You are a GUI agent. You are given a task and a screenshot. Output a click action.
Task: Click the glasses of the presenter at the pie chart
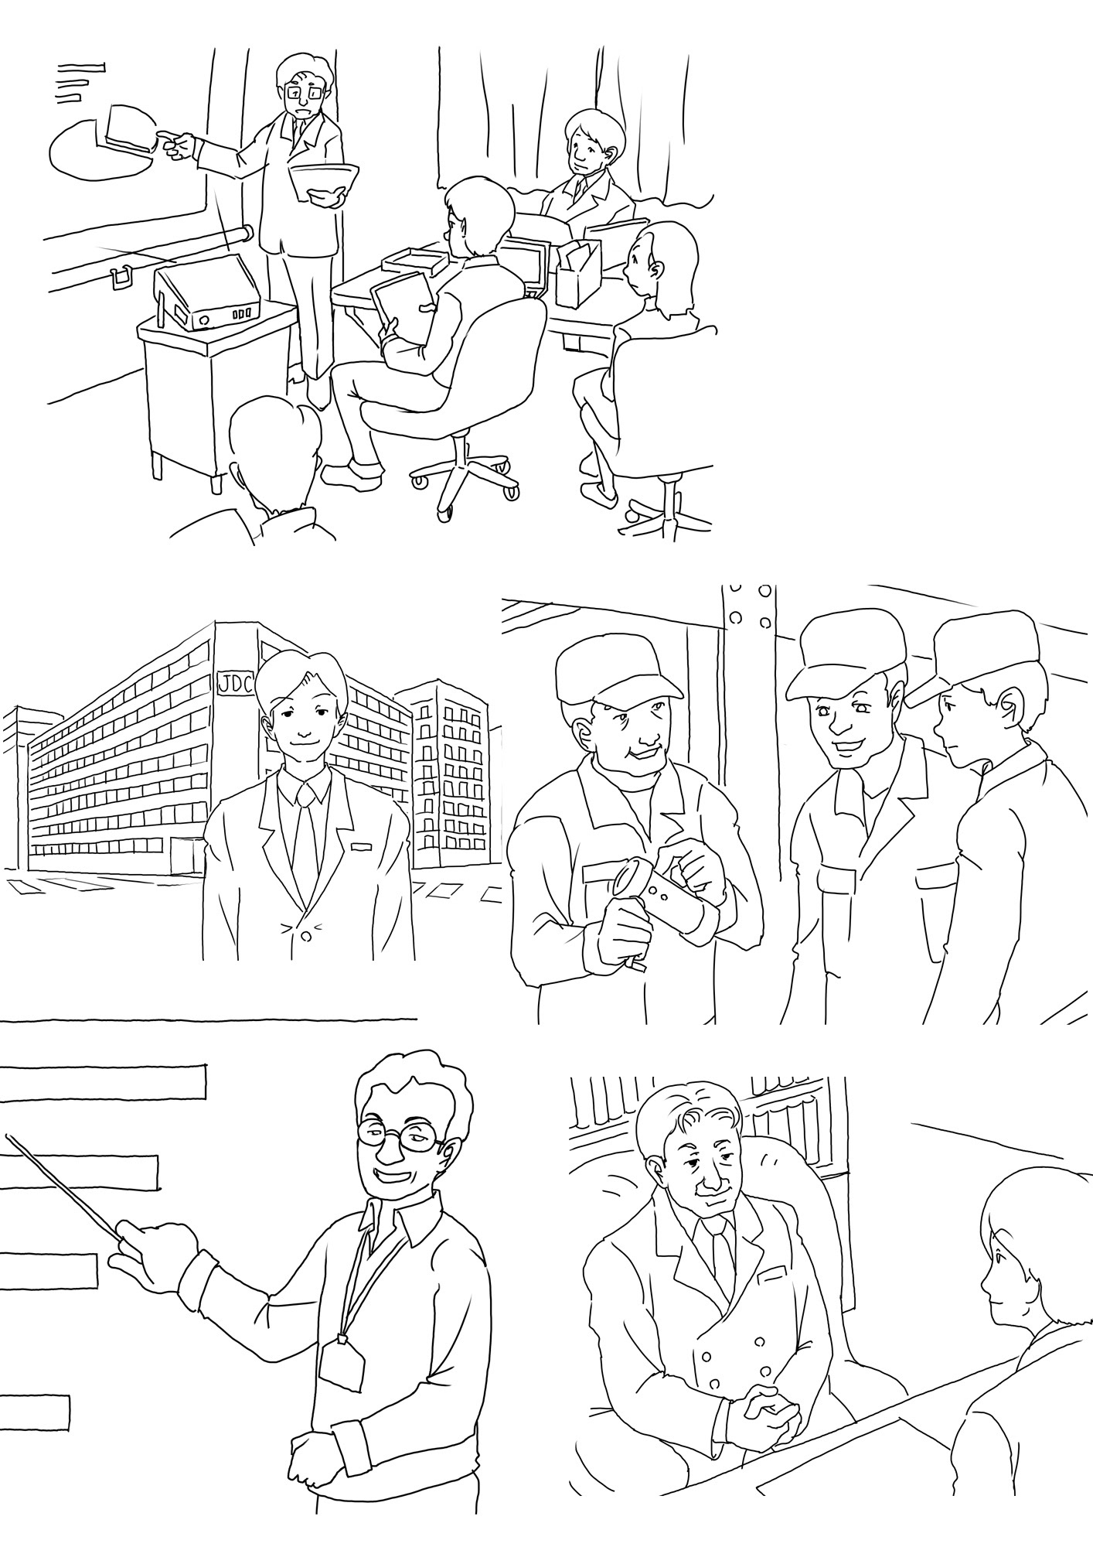click(x=305, y=92)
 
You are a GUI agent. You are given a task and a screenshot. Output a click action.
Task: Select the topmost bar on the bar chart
click(x=104, y=1081)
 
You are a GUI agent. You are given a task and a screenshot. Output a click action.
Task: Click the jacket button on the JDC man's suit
click(x=305, y=937)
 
